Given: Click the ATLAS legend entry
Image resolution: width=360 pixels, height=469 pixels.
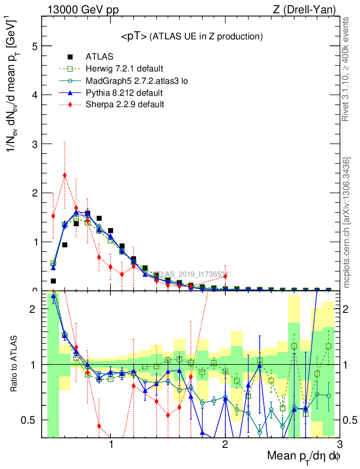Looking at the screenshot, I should click(x=99, y=57).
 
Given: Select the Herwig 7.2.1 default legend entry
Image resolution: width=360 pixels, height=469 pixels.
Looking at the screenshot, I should click(x=124, y=69).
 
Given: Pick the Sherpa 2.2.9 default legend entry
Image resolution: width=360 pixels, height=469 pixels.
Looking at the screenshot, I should click(x=125, y=104).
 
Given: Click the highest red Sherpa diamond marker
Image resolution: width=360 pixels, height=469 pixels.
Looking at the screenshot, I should click(x=65, y=175).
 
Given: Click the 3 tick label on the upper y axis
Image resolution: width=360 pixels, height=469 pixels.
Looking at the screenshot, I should click(x=34, y=144).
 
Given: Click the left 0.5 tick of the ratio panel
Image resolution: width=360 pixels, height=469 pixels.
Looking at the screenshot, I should click(x=31, y=420).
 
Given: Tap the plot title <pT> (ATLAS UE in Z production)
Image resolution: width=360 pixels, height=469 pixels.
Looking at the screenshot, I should click(x=191, y=36).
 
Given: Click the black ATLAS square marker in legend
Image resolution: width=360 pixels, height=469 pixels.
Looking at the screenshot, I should click(x=70, y=57).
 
